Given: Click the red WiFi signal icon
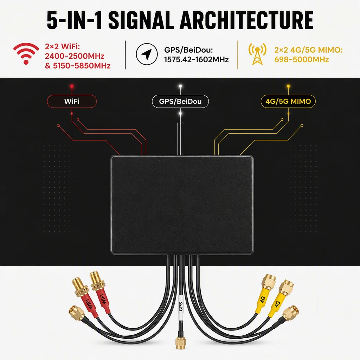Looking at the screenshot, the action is coord(26,53).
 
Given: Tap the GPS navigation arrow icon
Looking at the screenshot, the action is coord(147,54).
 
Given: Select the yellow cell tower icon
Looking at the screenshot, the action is coord(257,54).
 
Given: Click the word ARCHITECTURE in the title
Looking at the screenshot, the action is coord(246,20).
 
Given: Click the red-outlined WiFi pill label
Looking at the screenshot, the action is coord(72,101).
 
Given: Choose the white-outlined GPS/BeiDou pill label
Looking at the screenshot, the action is coord(180,101).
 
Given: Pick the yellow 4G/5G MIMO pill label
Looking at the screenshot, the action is coord(288,101).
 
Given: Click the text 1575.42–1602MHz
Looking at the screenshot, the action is coord(196,60).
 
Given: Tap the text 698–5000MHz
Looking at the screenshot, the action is coord(302,60).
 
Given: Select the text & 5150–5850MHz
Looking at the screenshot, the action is coord(78,66).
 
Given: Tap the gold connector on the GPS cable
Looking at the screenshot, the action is coord(181,342).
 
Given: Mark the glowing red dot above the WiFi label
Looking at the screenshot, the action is coord(72,86).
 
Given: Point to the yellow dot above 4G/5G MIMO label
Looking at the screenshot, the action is coord(288,86).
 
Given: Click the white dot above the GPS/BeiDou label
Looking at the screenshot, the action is coord(180,86).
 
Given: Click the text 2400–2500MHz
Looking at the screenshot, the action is coord(75,56).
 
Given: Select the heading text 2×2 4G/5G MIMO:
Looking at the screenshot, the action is coord(309,50).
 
